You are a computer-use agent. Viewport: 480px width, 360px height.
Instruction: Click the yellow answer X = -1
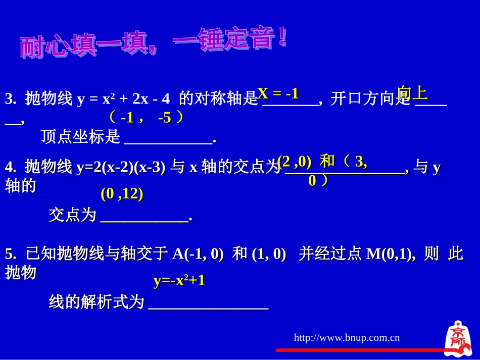pos(278,93)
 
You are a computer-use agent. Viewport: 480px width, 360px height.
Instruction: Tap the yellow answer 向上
pos(412,93)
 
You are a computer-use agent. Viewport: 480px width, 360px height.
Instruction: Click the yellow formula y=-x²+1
pos(179,281)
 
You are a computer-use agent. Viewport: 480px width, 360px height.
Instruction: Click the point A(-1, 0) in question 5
pos(198,254)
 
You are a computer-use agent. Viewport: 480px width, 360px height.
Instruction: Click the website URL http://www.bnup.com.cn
pos(347,338)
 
